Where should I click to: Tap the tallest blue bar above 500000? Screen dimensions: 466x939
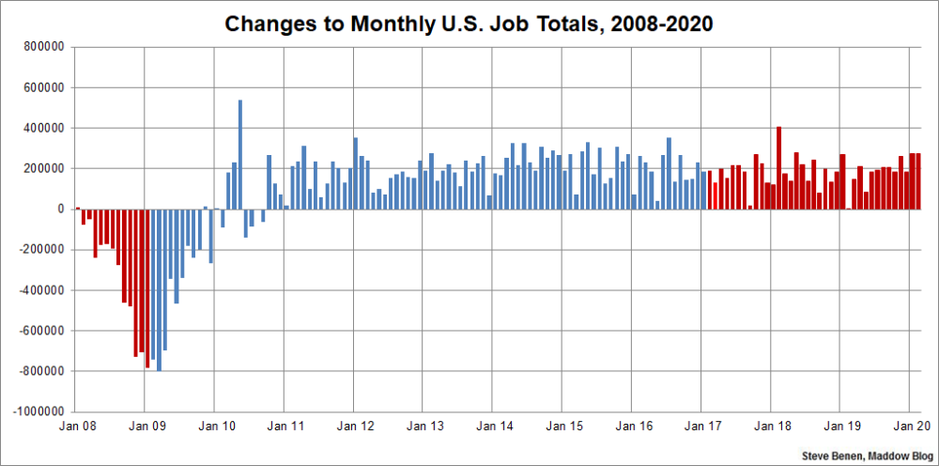[x=240, y=154]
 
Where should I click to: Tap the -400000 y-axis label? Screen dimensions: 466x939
[x=41, y=290]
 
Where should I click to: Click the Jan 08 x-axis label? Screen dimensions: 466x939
[x=75, y=427]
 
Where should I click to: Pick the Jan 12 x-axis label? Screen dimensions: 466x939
[x=354, y=427]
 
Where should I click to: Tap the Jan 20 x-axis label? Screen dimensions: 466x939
[x=910, y=427]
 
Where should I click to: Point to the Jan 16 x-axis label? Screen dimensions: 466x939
[x=632, y=427]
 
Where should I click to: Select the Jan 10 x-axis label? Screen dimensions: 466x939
[x=215, y=427]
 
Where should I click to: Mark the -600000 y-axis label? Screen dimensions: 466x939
[x=41, y=331]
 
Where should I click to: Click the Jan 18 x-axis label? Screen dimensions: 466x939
[x=771, y=427]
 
